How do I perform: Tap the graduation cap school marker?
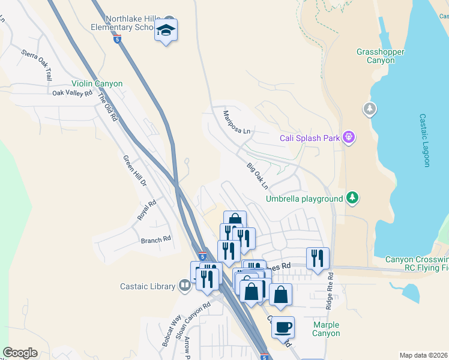(166, 30)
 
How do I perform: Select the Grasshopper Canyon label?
(381, 56)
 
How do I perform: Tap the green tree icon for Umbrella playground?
(353, 198)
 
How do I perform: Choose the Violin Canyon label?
(97, 84)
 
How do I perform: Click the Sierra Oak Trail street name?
(36, 65)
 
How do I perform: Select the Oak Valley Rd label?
(72, 93)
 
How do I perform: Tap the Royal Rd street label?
(147, 210)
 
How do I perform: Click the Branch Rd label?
(156, 239)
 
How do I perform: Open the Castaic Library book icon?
(185, 285)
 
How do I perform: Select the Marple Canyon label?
(326, 329)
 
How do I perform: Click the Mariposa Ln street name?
(236, 122)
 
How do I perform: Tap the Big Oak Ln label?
(257, 175)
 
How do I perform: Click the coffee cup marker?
(283, 328)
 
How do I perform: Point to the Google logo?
(20, 353)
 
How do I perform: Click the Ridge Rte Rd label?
(329, 292)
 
